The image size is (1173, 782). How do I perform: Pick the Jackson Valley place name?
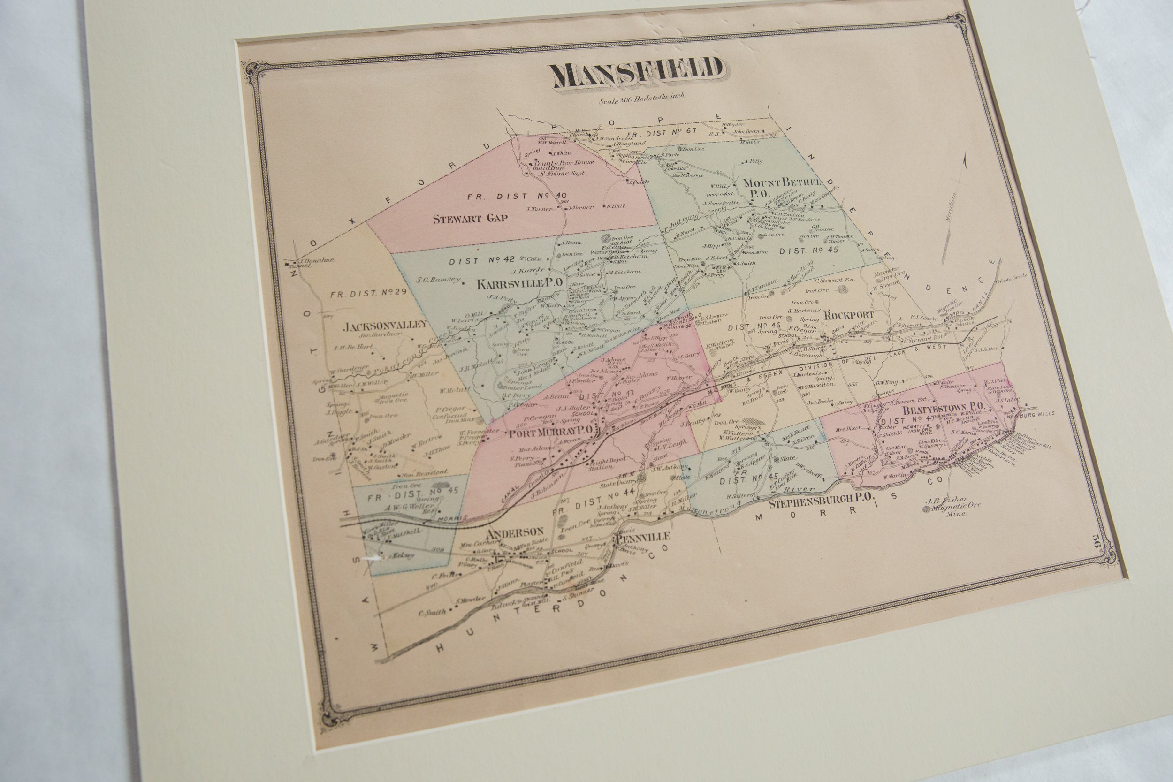(x=385, y=326)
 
